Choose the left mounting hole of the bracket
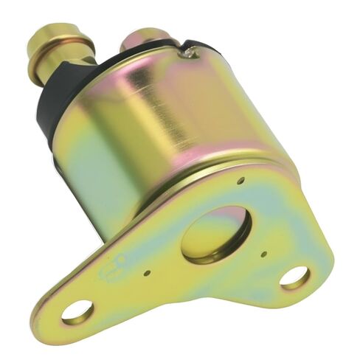pos(77,311)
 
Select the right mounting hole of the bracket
pos(294,277)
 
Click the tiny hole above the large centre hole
pos(241,179)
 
